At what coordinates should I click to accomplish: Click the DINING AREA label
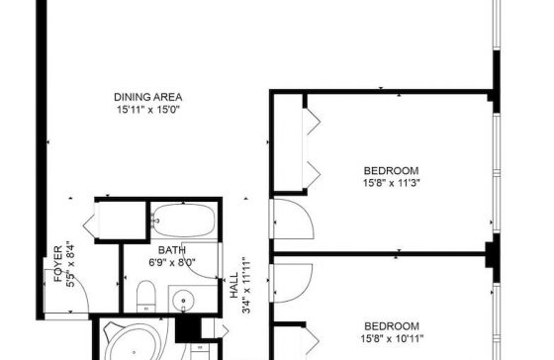point(148,97)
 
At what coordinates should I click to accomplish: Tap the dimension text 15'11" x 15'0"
point(148,110)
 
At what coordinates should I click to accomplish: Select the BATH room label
point(172,250)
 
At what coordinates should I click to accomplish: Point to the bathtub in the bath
point(184,221)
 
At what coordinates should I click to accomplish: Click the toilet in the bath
point(146,296)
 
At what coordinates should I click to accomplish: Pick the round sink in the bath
point(183,301)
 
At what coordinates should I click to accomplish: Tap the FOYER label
point(58,263)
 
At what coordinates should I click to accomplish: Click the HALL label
point(234,286)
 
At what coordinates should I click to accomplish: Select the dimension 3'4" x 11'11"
point(246,286)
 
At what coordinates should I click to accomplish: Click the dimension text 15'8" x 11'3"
point(392,183)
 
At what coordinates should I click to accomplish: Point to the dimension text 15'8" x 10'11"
point(392,339)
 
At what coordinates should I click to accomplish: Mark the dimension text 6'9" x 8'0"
point(172,262)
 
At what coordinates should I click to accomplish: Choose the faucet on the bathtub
point(155,221)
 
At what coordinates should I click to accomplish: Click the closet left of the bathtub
point(123,221)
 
